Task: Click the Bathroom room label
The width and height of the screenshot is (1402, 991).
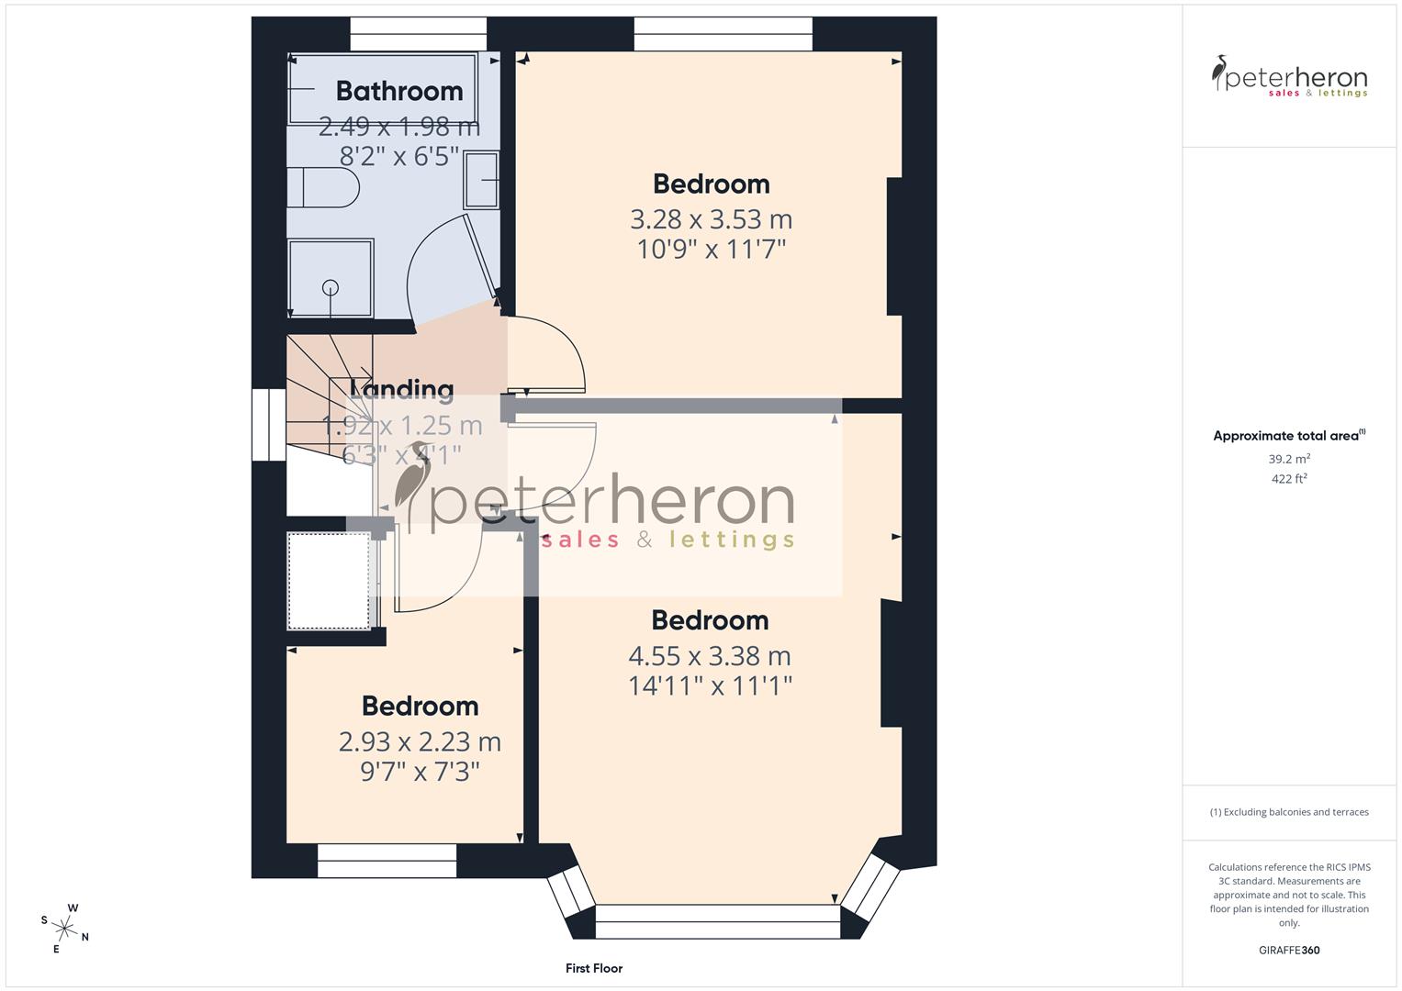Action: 398,91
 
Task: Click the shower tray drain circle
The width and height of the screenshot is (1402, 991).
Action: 331,288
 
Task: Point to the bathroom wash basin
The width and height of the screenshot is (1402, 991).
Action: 481,180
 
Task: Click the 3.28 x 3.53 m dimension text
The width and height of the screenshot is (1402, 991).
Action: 711,219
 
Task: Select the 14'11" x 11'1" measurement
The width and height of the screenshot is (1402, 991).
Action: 710,685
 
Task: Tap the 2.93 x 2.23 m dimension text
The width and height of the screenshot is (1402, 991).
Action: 420,741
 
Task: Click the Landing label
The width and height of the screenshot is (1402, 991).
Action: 402,390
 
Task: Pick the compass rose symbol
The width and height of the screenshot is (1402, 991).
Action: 65,928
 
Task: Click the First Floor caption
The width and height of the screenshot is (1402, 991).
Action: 594,968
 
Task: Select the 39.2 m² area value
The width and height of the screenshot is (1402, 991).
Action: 1289,459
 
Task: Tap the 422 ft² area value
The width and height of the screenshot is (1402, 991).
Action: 1289,479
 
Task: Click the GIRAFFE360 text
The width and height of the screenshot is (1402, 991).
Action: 1289,950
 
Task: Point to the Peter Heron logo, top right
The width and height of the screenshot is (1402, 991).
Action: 1289,76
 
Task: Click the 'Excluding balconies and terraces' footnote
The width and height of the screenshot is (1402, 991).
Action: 1289,812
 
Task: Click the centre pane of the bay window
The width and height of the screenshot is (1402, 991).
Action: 717,921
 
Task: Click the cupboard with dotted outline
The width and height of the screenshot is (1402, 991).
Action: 329,581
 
